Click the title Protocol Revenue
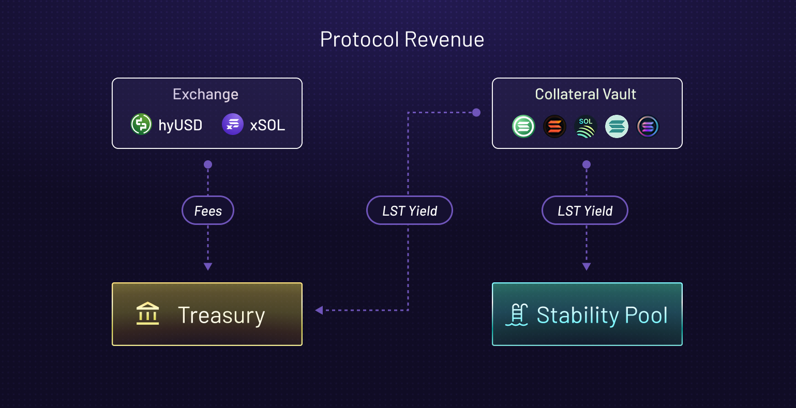point(402,40)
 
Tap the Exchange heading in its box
point(205,94)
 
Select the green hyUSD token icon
point(141,125)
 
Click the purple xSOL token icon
point(233,125)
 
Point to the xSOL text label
point(267,125)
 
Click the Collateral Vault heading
point(585,94)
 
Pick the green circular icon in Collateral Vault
point(523,127)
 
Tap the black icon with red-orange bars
point(554,127)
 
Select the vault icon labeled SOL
point(585,127)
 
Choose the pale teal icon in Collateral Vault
point(617,127)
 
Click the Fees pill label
point(208,210)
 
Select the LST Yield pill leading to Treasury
point(410,210)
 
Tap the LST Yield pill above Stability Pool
point(585,210)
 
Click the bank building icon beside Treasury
point(148,314)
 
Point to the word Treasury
point(221,315)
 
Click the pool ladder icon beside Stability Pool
point(517,315)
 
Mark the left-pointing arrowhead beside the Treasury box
point(319,310)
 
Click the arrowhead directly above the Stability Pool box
point(587,267)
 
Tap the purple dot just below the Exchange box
point(208,164)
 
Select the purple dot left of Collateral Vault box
point(476,112)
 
